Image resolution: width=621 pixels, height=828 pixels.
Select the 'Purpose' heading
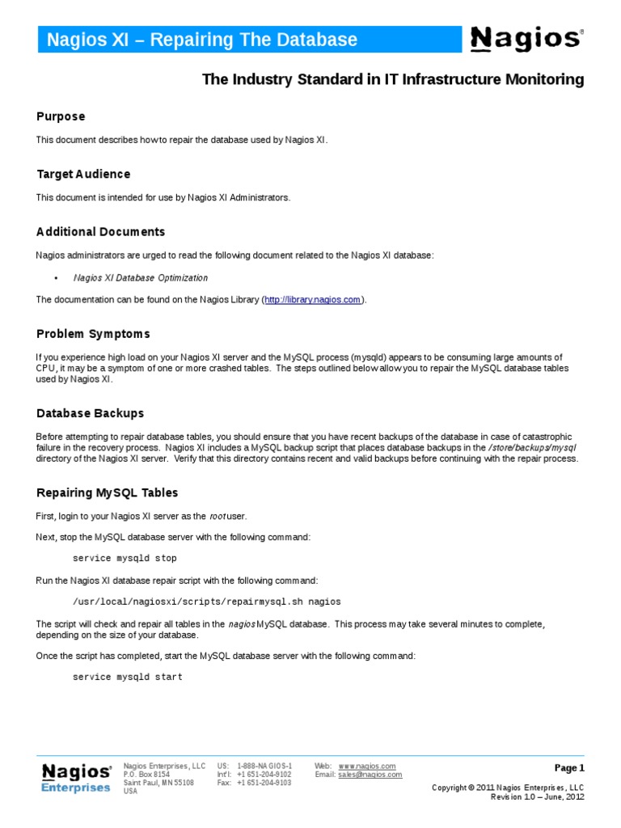61,116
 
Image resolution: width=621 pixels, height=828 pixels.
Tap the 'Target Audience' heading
83,174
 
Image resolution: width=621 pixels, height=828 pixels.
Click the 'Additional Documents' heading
100,232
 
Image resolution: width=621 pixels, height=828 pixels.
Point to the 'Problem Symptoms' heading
93,334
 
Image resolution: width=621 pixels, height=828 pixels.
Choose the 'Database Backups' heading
90,413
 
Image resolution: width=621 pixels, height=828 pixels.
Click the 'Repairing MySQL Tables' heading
107,492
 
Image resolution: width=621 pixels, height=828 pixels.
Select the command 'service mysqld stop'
125,558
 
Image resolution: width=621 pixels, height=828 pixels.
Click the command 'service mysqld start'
128,677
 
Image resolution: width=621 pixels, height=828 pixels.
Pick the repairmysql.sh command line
206,602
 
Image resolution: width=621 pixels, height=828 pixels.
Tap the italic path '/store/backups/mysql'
533,447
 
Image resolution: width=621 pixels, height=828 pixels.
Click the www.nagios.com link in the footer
367,766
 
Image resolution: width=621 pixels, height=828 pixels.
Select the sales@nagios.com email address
370,775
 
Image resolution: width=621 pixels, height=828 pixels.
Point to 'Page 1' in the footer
568,768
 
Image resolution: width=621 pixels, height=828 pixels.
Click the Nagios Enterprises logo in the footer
76,778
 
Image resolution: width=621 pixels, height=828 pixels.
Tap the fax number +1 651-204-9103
264,783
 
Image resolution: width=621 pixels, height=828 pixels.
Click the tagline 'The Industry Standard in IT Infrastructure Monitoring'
392,79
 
